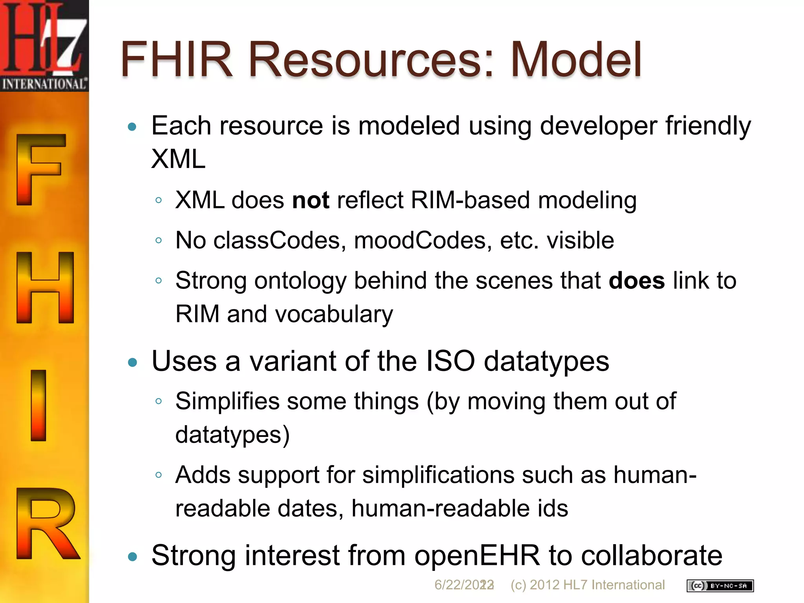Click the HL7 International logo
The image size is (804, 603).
click(44, 46)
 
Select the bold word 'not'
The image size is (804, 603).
click(311, 200)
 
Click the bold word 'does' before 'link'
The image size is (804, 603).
click(636, 281)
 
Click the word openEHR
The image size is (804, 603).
click(477, 555)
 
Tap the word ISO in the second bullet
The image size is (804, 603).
click(450, 361)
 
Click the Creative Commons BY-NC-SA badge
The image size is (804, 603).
click(720, 586)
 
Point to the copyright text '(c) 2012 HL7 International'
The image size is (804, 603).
click(587, 585)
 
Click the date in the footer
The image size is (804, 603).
click(464, 585)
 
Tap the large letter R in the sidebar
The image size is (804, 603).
click(46, 523)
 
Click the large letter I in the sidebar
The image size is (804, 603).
click(38, 405)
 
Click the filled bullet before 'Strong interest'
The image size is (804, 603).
click(133, 556)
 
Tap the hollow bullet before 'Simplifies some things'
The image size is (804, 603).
click(159, 401)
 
